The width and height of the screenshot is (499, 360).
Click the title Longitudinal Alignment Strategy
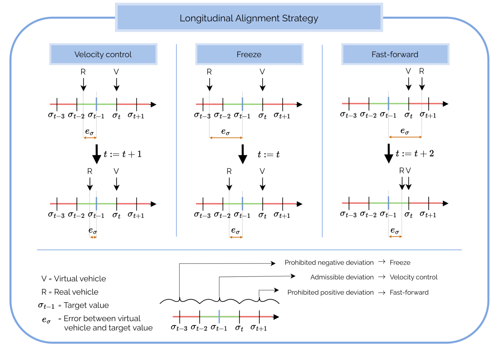point(249,18)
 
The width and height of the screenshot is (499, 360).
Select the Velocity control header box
point(103,54)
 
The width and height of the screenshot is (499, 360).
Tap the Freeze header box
point(249,54)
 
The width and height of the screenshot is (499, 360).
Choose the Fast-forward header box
point(395,54)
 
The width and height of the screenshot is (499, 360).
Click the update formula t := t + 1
point(123,154)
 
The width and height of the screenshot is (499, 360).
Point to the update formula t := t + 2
point(415,154)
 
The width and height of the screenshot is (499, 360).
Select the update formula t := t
point(268,155)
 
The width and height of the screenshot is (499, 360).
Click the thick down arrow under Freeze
point(243,154)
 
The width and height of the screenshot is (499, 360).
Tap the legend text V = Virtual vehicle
point(74,279)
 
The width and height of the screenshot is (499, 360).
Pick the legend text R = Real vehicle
point(70,292)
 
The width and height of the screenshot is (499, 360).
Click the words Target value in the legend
point(86,305)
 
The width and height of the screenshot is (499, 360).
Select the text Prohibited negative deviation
point(329,263)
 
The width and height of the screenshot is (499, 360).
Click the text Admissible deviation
point(342,277)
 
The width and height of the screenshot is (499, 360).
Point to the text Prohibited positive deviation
point(330,292)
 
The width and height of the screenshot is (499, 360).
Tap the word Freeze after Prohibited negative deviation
point(400,263)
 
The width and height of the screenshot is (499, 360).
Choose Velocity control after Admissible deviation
point(414,277)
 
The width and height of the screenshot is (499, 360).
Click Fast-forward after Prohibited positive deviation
point(409,292)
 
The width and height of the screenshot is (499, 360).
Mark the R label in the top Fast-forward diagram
point(422,71)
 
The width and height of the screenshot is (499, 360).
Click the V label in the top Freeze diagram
point(262,72)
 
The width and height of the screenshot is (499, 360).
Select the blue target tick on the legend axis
point(219,317)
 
